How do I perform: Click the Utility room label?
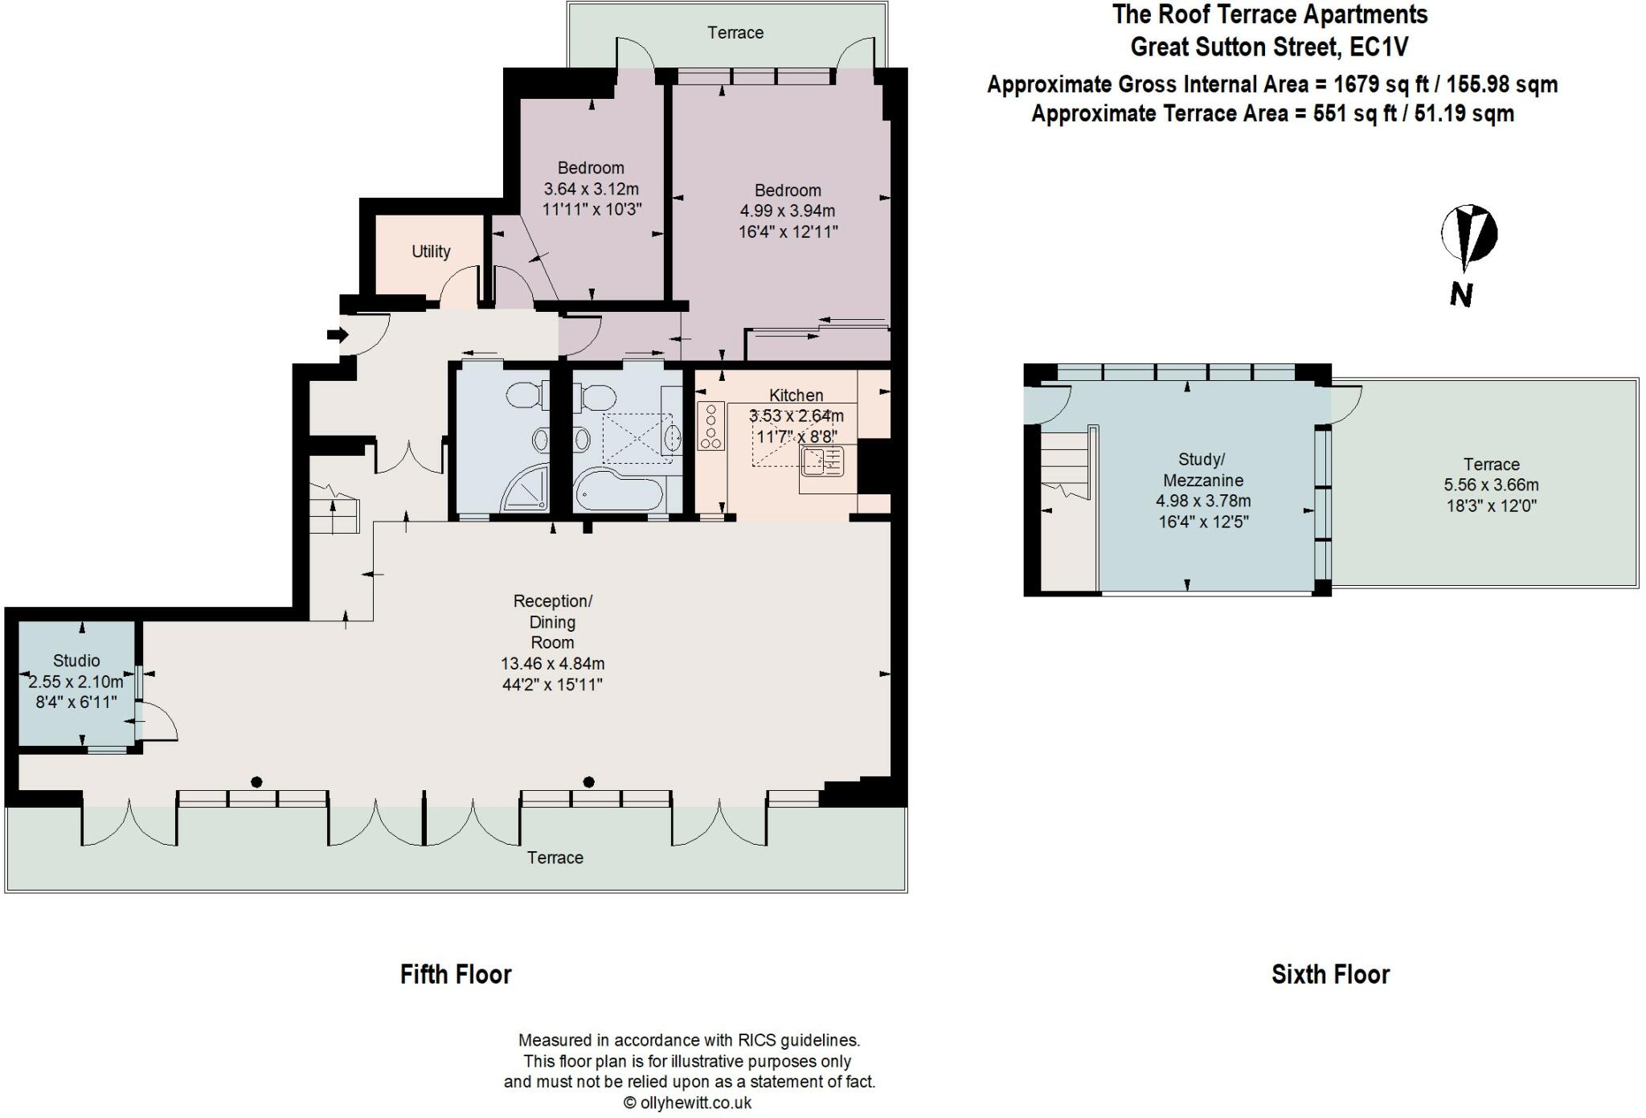tap(431, 252)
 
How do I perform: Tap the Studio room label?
tap(76, 661)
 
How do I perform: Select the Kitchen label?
tap(796, 395)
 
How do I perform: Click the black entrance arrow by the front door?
tap(338, 334)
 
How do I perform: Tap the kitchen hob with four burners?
tap(710, 426)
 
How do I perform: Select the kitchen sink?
tap(821, 461)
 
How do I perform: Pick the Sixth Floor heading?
tap(1330, 974)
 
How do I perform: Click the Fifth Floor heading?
tap(456, 974)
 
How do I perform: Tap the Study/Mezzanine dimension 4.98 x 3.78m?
tap(1203, 501)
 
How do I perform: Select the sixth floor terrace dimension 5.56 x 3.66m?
tap(1491, 485)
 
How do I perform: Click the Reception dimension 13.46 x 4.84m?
tap(552, 664)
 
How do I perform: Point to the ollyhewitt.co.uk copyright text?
tap(689, 1103)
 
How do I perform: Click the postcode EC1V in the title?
tap(1379, 47)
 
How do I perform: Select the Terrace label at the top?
tap(735, 33)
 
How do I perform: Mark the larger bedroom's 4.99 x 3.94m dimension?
tap(788, 211)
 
